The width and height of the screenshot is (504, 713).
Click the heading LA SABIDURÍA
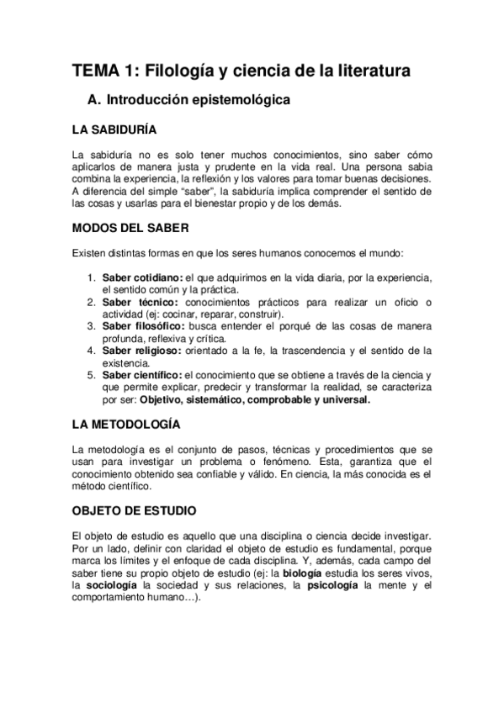point(114,130)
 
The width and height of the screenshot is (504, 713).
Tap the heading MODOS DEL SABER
point(130,228)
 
